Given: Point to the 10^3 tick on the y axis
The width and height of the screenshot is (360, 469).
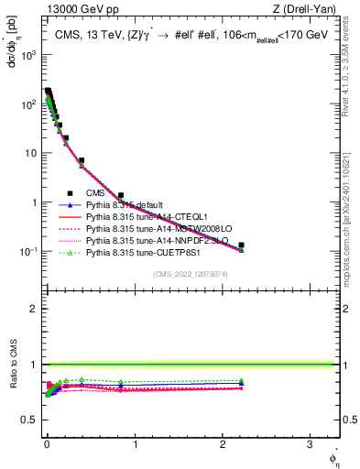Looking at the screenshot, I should pos(31,55).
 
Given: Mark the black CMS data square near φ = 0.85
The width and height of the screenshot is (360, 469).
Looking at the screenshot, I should pos(120,195).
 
